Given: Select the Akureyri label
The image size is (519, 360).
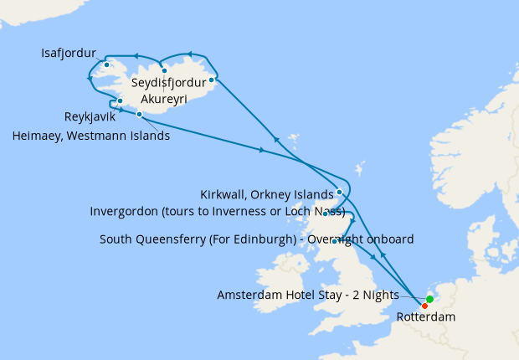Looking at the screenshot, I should point(163,99).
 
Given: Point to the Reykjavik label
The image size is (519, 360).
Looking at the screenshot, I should point(90,116).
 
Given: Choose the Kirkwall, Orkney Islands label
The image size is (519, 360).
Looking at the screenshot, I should point(266,194).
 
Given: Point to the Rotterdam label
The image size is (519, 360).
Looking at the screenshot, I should point(426,317).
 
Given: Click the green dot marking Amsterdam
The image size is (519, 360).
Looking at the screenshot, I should point(429,299).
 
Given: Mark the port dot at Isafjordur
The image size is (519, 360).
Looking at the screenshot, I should point(107,64).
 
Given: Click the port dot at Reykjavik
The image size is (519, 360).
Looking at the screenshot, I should point(121,101).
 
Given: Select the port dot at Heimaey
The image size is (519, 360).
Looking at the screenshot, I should point(139,114).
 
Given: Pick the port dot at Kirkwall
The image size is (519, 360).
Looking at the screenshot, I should point(339,192).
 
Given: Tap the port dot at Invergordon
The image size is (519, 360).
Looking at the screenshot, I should point(325,213).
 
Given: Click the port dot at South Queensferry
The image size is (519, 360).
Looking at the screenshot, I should point(334,241).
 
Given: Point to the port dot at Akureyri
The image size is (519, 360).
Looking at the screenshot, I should point(164,70).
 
